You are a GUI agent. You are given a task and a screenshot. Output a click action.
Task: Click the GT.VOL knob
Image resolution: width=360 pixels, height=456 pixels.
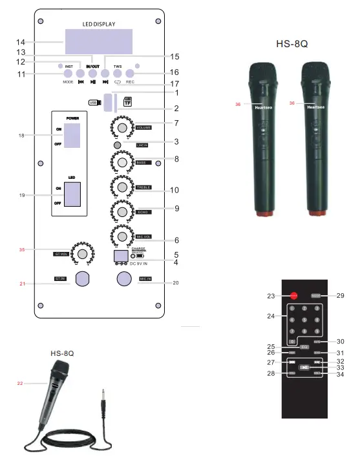tap(81, 253)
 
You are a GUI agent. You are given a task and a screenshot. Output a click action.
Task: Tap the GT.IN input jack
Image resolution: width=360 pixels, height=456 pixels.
tap(82, 279)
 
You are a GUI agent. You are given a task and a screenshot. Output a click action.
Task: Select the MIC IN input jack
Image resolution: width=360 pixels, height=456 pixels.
tap(125, 279)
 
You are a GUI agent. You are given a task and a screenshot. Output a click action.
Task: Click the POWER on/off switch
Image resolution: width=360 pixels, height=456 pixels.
tap(72, 137)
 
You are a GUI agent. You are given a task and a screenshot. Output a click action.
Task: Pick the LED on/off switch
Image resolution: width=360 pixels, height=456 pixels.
tap(72, 194)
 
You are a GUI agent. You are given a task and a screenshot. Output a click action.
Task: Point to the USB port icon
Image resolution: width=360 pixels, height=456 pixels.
tap(94, 101)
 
